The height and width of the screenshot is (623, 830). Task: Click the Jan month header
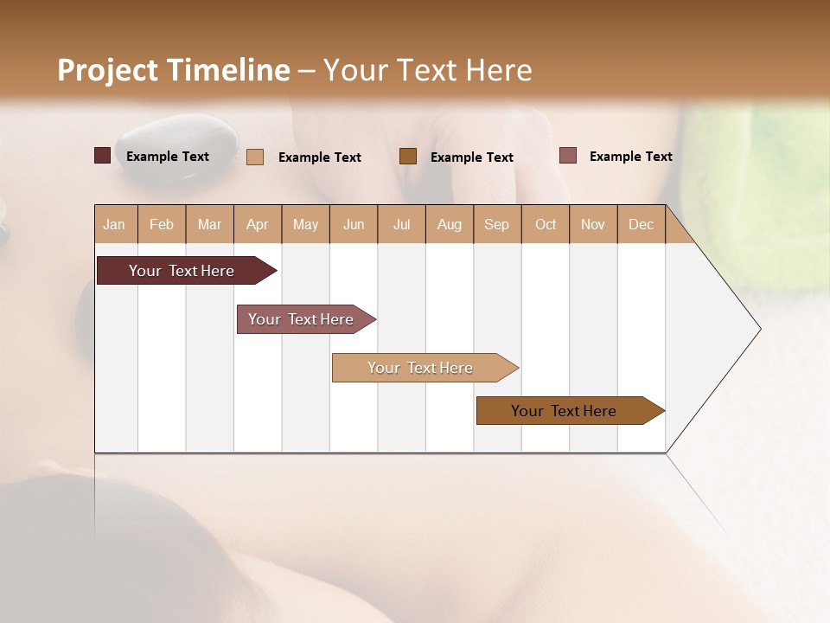pyautogui.click(x=114, y=225)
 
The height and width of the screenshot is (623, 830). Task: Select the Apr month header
pyautogui.click(x=258, y=225)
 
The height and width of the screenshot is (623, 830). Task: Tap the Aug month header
pyautogui.click(x=450, y=225)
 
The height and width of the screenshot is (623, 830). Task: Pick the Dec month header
pyautogui.click(x=642, y=225)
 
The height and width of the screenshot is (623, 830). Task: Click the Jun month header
pyautogui.click(x=354, y=225)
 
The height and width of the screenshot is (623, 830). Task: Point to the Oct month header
pyautogui.click(x=546, y=225)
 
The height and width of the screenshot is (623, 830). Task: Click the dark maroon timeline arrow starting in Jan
pyautogui.click(x=182, y=271)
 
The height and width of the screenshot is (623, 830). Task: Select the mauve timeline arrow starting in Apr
pyautogui.click(x=301, y=319)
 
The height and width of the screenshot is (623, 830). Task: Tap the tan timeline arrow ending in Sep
pyautogui.click(x=420, y=368)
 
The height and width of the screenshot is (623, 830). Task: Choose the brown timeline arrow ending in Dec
pyautogui.click(x=564, y=411)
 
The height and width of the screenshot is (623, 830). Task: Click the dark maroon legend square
pyautogui.click(x=102, y=156)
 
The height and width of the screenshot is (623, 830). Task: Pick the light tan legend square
pyautogui.click(x=255, y=157)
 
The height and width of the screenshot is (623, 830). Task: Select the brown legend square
pyautogui.click(x=408, y=156)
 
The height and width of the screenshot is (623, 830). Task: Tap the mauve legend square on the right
pyautogui.click(x=568, y=156)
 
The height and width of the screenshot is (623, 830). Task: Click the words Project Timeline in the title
pyautogui.click(x=173, y=70)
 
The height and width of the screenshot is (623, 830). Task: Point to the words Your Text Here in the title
pyautogui.click(x=427, y=70)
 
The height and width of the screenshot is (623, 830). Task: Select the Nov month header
pyautogui.click(x=593, y=225)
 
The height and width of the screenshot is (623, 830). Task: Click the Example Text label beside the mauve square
pyautogui.click(x=630, y=157)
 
